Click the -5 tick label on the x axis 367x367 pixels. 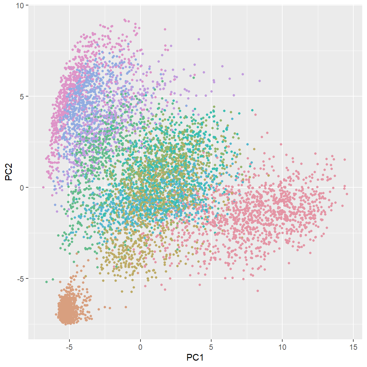(x=69, y=347)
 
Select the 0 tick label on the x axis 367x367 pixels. (x=140, y=347)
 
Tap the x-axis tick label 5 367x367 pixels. (x=211, y=347)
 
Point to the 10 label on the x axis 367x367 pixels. (x=282, y=347)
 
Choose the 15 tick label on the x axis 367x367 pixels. (x=353, y=347)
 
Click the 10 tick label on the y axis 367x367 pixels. (x=20, y=5)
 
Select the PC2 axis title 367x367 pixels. (x=9, y=172)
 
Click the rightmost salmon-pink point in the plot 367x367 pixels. (x=347, y=194)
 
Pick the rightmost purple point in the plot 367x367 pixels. (x=260, y=81)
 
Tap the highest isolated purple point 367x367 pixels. (x=199, y=39)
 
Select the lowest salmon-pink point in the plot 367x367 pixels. (x=258, y=291)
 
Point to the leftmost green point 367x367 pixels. (x=47, y=282)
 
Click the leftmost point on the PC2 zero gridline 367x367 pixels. (x=43, y=187)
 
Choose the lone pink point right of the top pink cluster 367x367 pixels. (x=165, y=29)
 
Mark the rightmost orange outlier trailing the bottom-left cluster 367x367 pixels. (x=126, y=307)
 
